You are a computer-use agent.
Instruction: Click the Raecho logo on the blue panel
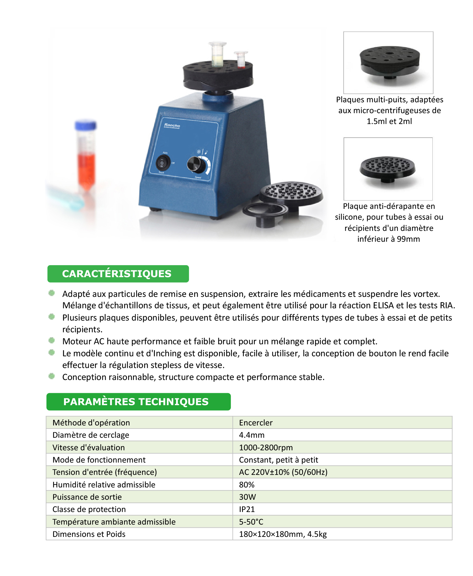click(172, 125)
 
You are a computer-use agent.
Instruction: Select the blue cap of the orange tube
click(85, 125)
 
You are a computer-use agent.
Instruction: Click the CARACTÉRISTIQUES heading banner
click(118, 273)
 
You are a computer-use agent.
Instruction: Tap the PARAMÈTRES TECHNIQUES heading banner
click(138, 401)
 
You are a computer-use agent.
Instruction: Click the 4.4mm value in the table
click(252, 435)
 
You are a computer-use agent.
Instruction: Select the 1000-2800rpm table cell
click(342, 447)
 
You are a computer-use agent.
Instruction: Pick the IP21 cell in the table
click(342, 509)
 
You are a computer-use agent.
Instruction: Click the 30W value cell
click(342, 497)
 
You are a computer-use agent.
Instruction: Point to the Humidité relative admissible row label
click(104, 485)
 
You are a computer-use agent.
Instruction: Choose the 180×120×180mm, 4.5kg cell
click(342, 534)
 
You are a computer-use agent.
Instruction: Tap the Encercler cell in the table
click(342, 422)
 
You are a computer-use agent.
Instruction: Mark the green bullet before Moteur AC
click(51, 340)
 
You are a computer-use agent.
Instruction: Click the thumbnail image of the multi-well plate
click(388, 63)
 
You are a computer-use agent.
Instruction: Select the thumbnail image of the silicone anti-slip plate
click(388, 169)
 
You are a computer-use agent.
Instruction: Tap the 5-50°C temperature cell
click(342, 522)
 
